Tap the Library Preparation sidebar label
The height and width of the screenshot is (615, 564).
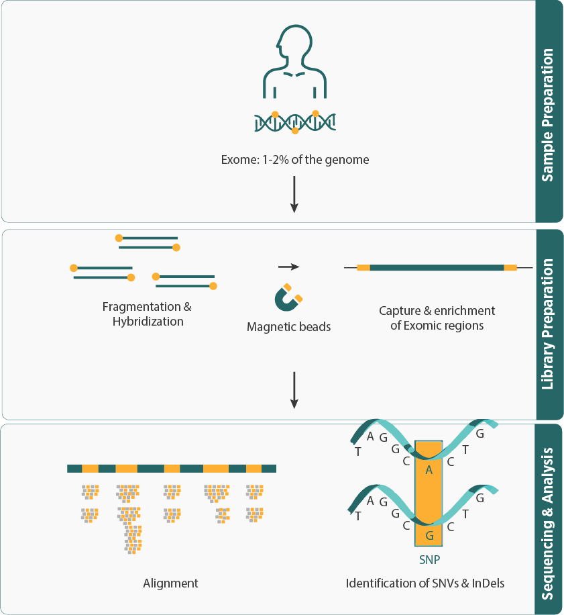pyautogui.click(x=548, y=324)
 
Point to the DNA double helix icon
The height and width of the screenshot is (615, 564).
pyautogui.click(x=295, y=122)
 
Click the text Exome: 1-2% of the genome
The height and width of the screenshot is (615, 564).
pyautogui.click(x=295, y=160)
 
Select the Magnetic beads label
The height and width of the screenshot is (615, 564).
pyautogui.click(x=289, y=328)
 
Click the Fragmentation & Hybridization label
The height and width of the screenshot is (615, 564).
pyautogui.click(x=147, y=314)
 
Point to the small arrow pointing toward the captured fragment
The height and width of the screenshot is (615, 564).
pyautogui.click(x=288, y=267)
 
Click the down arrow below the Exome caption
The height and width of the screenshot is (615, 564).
pyautogui.click(x=294, y=195)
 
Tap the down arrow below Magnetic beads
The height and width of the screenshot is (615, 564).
pyautogui.click(x=294, y=389)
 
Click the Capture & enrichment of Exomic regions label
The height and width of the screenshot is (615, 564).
pyautogui.click(x=437, y=318)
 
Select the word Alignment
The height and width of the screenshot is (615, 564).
pyautogui.click(x=171, y=583)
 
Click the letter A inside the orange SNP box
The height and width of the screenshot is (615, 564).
pyautogui.click(x=429, y=470)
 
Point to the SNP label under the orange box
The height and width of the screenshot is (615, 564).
pyautogui.click(x=429, y=559)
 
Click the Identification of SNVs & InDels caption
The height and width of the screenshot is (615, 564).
pyautogui.click(x=425, y=583)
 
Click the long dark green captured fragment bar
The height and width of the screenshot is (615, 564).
pyautogui.click(x=437, y=267)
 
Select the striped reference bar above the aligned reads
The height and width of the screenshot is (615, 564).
pyautogui.click(x=172, y=468)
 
